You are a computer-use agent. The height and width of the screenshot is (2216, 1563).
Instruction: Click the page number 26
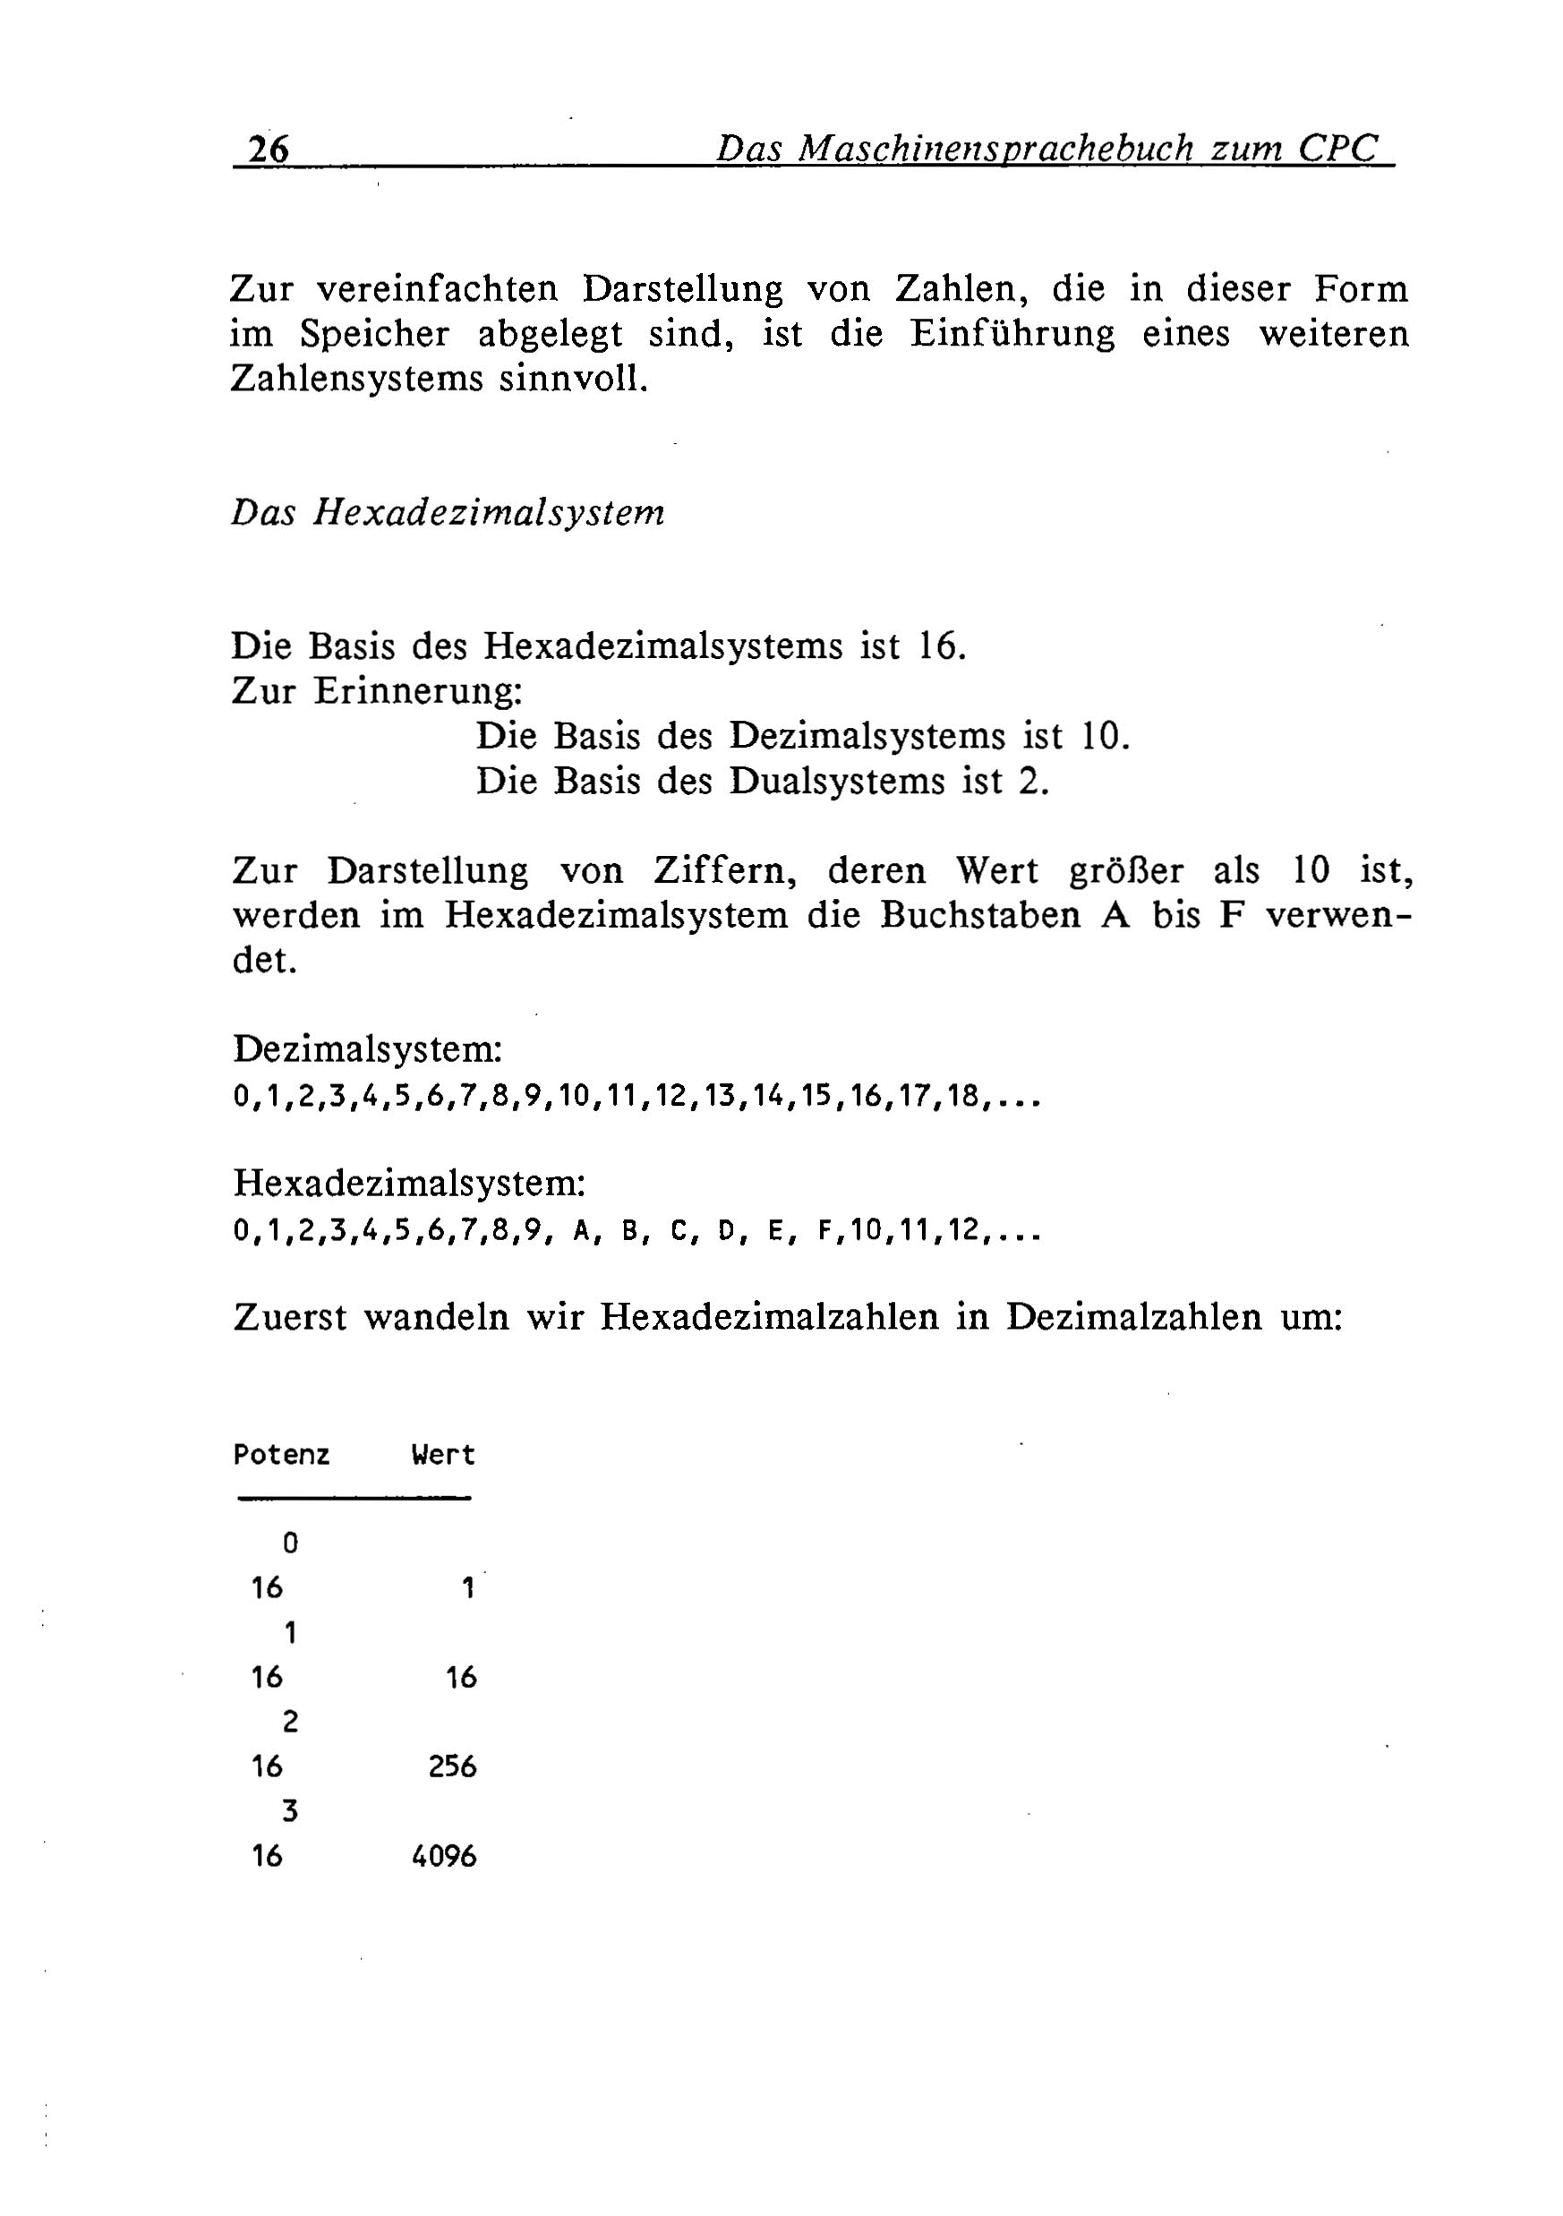[x=269, y=150]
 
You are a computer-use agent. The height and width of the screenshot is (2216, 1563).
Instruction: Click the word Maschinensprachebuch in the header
[x=999, y=150]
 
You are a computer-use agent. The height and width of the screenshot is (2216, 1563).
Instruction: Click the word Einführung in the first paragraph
[x=1012, y=334]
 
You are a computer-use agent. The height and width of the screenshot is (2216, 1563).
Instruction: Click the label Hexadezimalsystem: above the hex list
[x=410, y=1184]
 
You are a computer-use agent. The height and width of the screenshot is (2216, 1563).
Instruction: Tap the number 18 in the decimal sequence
[x=964, y=1097]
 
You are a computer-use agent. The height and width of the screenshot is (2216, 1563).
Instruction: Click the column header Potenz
[x=281, y=1454]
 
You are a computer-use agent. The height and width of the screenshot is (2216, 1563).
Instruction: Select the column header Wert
[x=443, y=1454]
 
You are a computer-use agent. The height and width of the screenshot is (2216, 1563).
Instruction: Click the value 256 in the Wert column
[x=452, y=1767]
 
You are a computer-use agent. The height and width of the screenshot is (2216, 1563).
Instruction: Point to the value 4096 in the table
[x=444, y=1856]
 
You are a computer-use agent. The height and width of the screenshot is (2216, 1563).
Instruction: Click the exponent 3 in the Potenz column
[x=289, y=1811]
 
